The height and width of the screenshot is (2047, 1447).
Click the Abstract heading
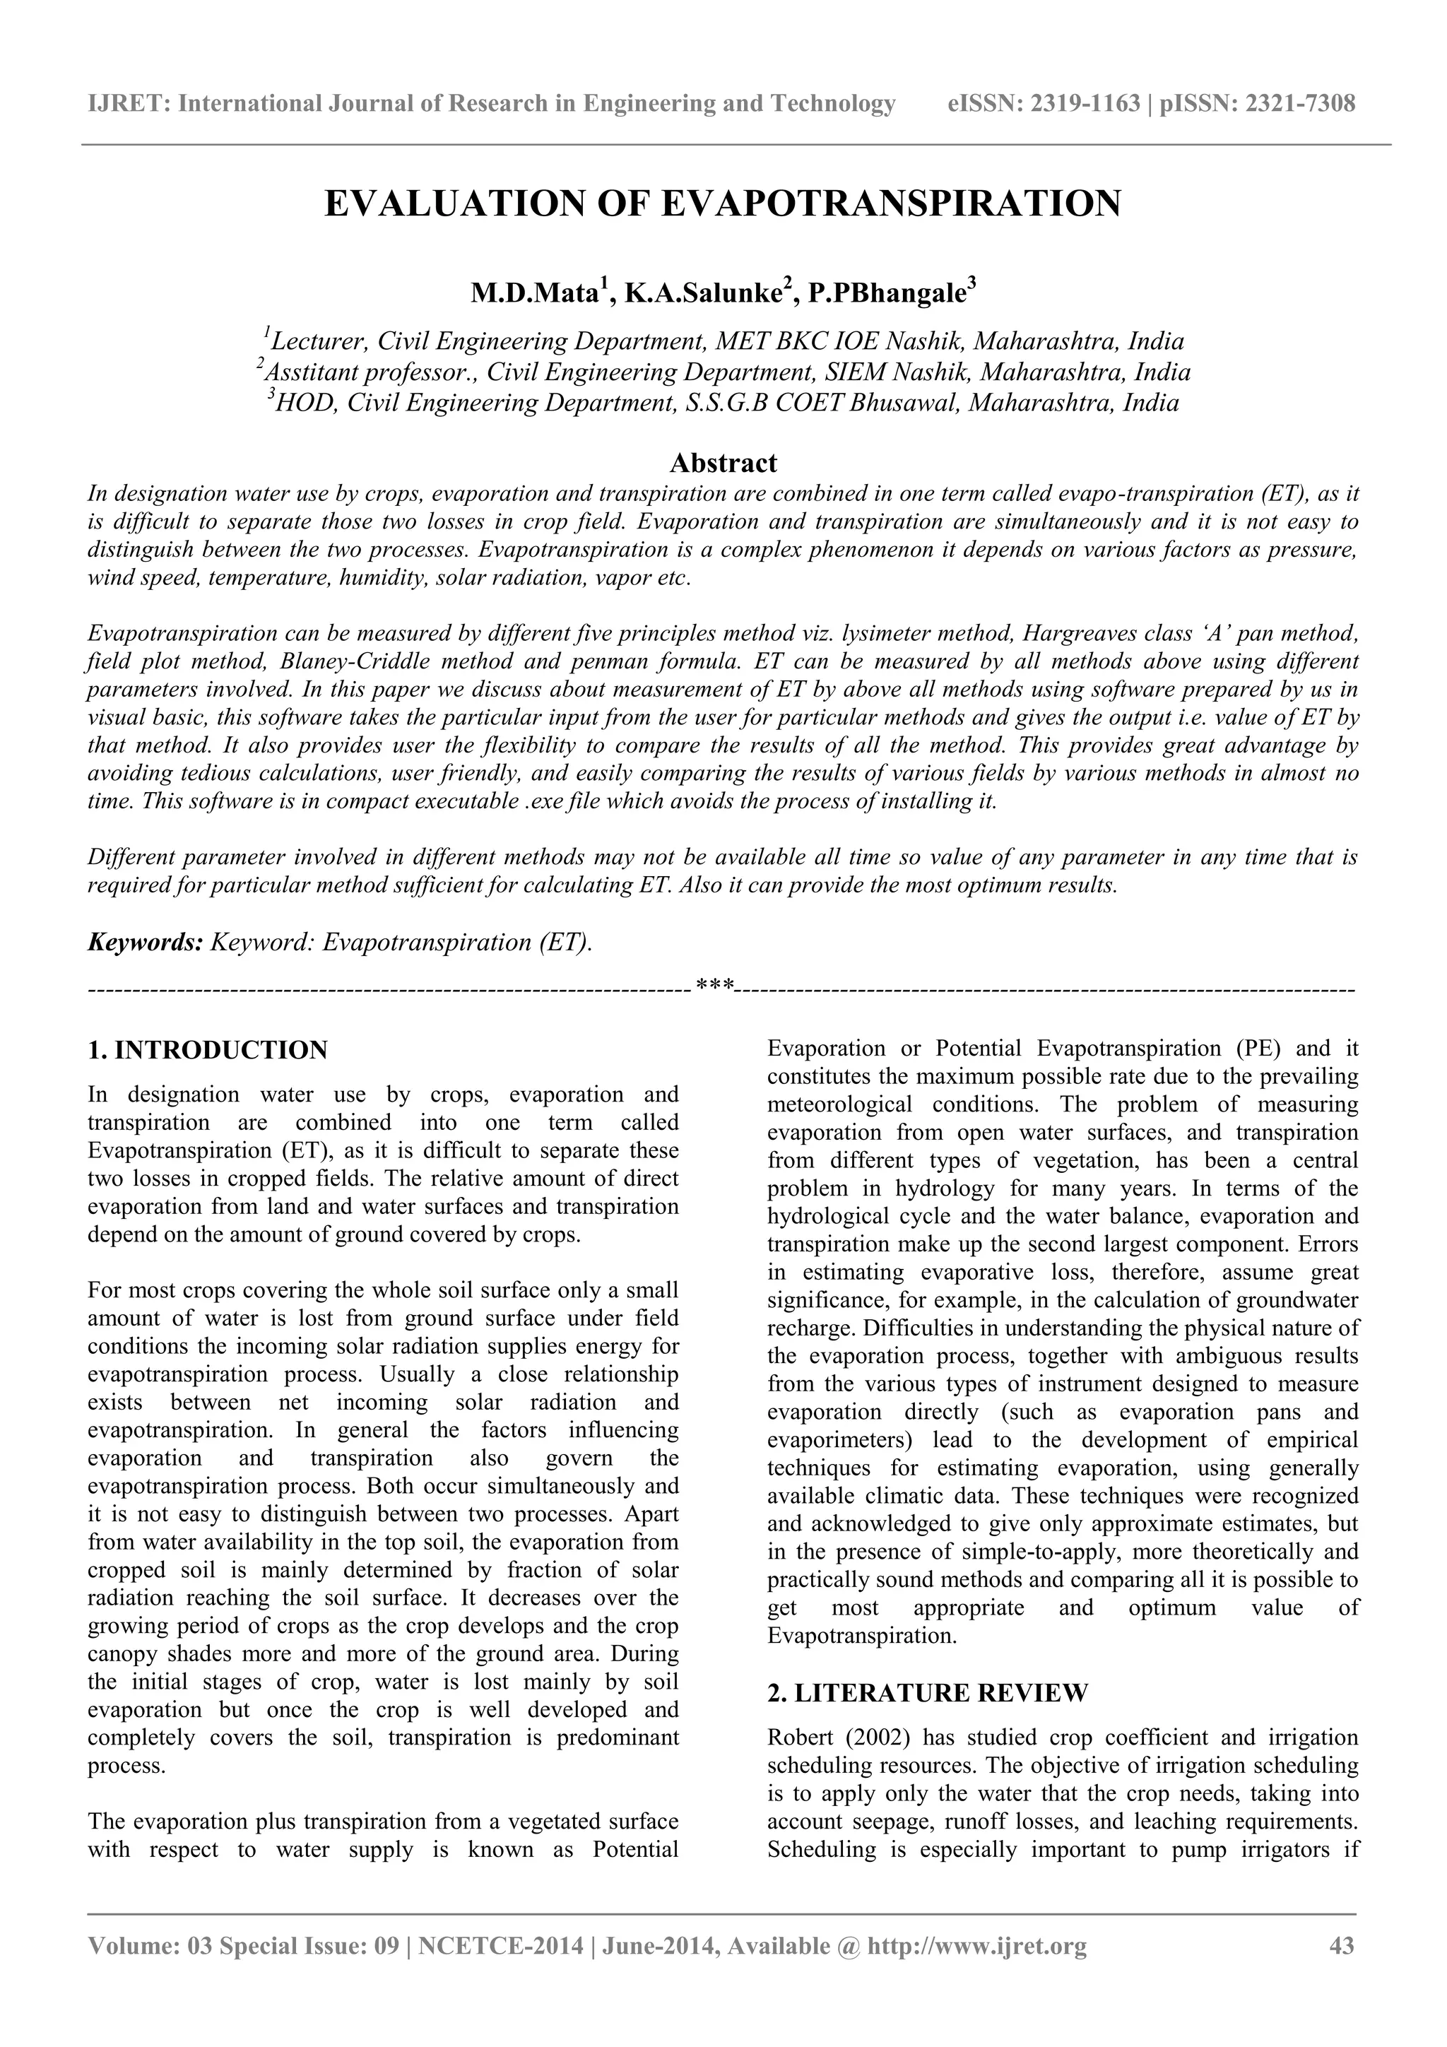723,463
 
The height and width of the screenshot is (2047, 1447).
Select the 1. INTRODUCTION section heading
208,1049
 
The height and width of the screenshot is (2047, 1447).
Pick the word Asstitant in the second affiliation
306,372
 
